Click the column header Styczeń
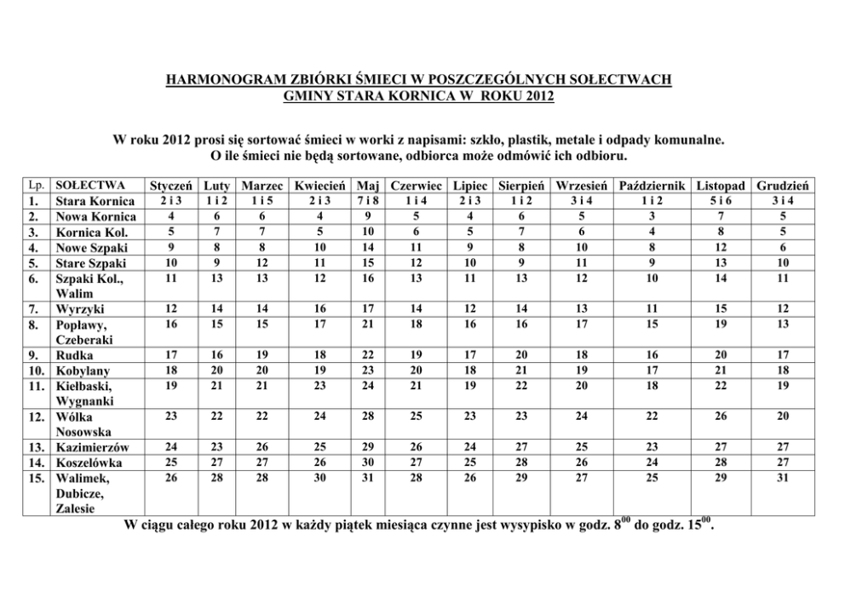pos(171,186)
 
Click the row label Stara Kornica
pos(95,201)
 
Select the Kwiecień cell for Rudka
pos(319,354)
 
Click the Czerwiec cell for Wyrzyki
pos(417,308)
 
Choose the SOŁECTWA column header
pos(89,185)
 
